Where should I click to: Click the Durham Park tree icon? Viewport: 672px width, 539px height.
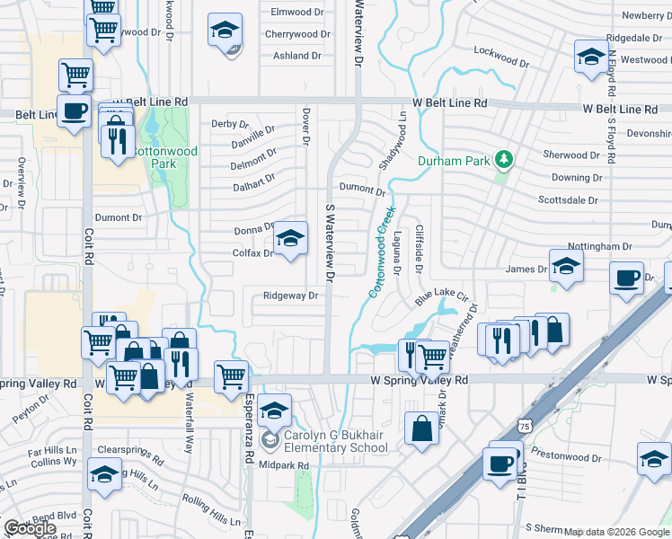click(x=505, y=161)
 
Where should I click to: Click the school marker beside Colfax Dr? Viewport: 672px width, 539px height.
click(x=290, y=239)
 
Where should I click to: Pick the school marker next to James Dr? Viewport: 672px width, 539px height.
click(x=566, y=267)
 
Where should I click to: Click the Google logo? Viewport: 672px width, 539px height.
click(x=30, y=528)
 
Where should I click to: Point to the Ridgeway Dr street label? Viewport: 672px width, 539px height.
click(x=291, y=296)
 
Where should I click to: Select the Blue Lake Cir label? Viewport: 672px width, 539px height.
click(x=441, y=294)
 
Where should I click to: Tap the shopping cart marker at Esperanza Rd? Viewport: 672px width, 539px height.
click(x=232, y=377)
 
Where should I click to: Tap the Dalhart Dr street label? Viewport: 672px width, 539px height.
click(x=254, y=182)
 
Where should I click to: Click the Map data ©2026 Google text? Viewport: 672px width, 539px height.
click(x=616, y=532)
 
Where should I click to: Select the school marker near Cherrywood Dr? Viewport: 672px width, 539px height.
click(x=225, y=31)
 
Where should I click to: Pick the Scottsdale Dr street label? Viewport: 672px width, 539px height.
click(x=568, y=199)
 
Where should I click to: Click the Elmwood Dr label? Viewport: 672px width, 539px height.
click(x=296, y=12)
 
